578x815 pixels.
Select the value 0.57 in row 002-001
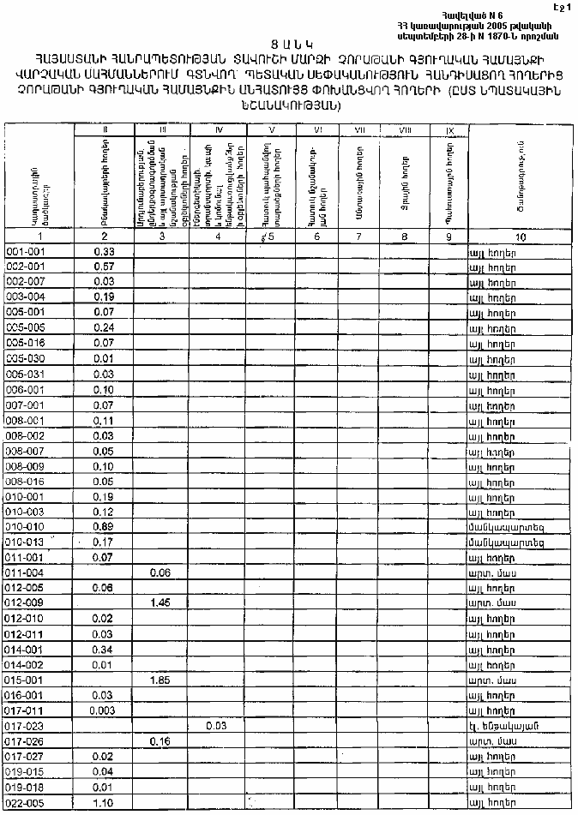point(104,267)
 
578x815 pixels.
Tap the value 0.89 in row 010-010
point(104,526)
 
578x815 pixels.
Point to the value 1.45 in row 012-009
point(160,602)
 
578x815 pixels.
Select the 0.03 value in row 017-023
point(217,726)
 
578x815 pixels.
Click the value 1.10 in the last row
point(104,803)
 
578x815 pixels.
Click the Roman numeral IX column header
point(449,129)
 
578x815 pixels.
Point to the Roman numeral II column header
point(104,129)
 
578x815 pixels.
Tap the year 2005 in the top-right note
point(506,26)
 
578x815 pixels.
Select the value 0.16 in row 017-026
point(160,741)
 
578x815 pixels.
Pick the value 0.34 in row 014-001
point(104,649)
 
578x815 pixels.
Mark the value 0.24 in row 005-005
point(104,327)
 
